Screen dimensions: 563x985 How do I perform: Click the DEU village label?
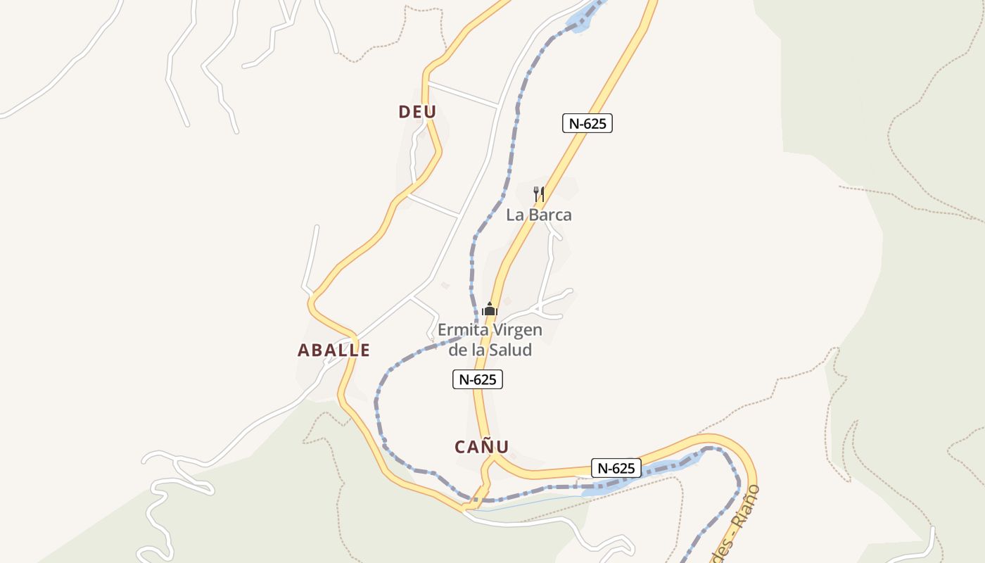(417, 112)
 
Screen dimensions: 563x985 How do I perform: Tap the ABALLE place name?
(333, 350)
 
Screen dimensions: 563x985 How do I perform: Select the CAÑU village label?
(481, 447)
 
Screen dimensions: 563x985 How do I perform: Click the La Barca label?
(539, 215)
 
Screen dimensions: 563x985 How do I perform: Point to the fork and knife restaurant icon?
(539, 194)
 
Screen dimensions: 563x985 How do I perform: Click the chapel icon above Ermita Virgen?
(490, 309)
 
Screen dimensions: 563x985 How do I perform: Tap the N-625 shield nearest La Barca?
(587, 123)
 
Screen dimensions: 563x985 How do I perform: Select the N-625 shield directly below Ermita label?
(477, 379)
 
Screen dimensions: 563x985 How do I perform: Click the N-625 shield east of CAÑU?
(616, 468)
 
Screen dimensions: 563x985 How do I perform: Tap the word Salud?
(511, 350)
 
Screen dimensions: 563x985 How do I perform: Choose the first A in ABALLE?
(304, 350)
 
